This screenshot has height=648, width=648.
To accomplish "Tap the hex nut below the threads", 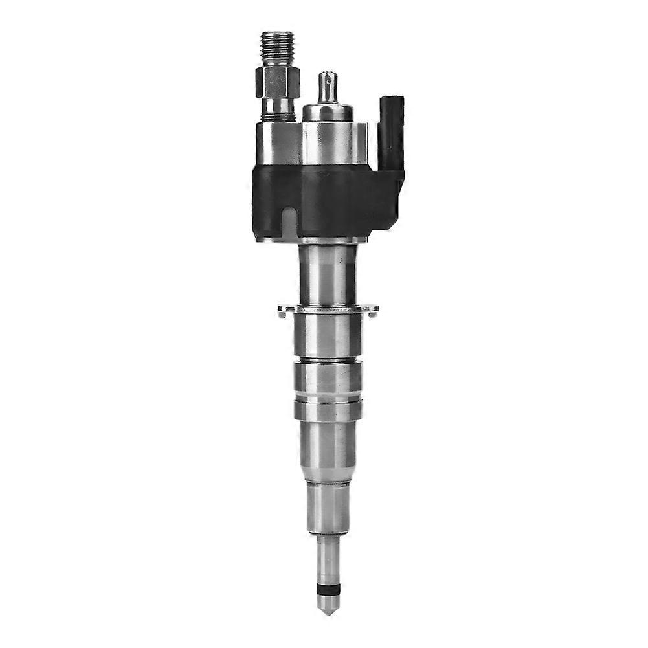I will tap(278, 82).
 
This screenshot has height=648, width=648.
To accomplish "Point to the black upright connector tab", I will tap(392, 129).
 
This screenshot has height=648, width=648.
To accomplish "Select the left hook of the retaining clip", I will tap(283, 312).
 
